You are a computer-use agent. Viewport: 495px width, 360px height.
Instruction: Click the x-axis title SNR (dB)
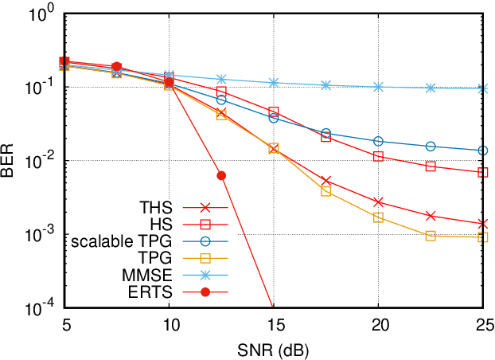coord(273,350)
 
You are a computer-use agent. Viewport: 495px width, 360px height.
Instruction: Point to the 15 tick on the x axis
coord(273,327)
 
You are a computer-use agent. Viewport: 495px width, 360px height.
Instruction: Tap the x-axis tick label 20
coord(378,327)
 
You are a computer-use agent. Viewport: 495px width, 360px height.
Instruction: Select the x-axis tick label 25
coord(483,327)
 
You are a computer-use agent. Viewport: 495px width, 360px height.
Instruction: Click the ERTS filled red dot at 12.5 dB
coord(221,175)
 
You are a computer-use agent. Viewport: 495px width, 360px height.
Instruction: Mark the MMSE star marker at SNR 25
coord(483,88)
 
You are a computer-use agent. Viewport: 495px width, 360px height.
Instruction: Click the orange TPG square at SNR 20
coord(378,217)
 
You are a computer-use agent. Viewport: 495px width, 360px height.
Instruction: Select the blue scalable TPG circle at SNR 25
coord(483,151)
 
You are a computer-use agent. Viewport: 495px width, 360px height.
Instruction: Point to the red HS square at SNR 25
coord(483,172)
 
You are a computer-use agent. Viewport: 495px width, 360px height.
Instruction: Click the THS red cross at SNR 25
coord(483,224)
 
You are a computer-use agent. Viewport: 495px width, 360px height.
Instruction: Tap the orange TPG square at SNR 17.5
coord(325,191)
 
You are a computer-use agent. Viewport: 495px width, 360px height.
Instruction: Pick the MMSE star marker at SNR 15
coord(273,83)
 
